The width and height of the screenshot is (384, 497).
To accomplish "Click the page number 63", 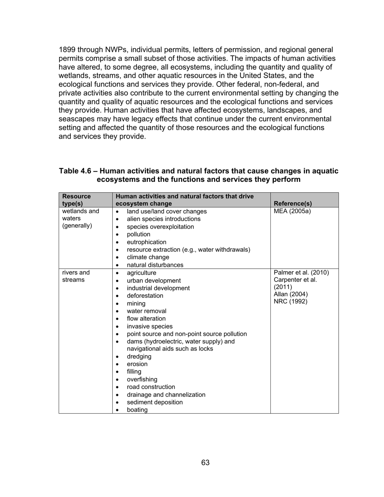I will coord(205,463).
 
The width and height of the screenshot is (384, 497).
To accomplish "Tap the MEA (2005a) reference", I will coord(292,211).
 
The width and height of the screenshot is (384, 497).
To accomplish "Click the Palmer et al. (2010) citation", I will coord(302,272).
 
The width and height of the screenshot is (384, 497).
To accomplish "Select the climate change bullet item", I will coord(148,257).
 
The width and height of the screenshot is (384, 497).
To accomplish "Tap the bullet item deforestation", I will coord(145,296).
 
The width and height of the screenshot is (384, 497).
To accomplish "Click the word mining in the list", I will coord(136,303).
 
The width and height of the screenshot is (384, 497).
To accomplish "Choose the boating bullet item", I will coord(137,410).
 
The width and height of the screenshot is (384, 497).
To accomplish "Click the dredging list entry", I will coord(139,356).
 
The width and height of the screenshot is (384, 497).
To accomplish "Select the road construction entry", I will coord(151,387).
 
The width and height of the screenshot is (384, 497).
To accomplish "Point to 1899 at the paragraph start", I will coord(67,50).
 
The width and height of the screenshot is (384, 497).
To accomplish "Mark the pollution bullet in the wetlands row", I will coord(138,234).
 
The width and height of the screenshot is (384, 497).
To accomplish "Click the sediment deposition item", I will coord(154,402).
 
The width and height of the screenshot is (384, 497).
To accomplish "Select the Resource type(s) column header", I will coord(76,200).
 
